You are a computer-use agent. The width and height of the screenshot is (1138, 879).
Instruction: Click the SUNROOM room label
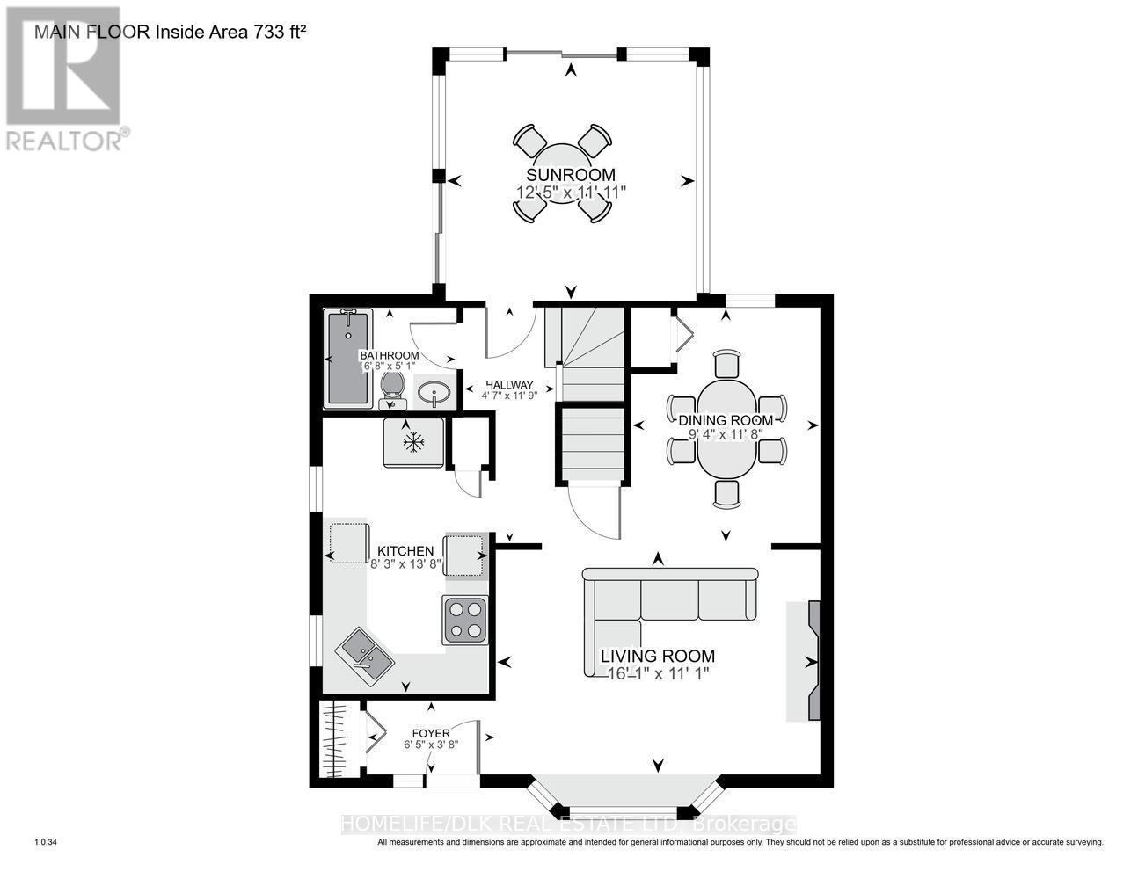click(570, 174)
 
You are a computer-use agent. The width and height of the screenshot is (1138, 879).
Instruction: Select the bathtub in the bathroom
click(347, 358)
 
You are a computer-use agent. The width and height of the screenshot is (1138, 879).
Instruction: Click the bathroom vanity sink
click(434, 392)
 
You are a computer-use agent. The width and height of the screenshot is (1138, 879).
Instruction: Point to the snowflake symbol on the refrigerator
click(413, 442)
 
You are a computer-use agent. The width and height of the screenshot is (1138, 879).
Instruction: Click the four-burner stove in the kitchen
click(465, 620)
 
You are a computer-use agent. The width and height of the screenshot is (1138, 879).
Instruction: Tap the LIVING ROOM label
click(657, 656)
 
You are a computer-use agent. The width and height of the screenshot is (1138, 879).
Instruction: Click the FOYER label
click(431, 734)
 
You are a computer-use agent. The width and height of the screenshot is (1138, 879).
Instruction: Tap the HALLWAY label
click(509, 384)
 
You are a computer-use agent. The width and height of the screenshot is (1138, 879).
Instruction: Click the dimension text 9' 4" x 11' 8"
click(726, 433)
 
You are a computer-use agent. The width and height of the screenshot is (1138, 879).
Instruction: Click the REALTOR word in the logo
click(65, 142)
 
